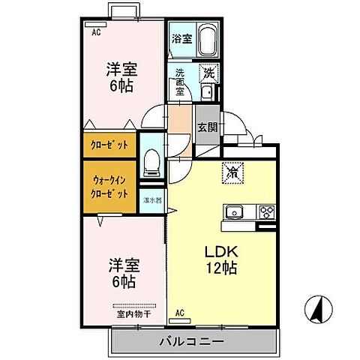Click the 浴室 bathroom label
point(181,39)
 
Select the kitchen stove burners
point(267,211)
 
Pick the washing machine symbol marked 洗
point(210,73)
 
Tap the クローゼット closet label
point(109,144)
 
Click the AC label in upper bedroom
point(96,33)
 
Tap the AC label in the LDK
point(180,312)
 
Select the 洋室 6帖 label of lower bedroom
point(121,274)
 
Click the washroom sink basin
point(207,93)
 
